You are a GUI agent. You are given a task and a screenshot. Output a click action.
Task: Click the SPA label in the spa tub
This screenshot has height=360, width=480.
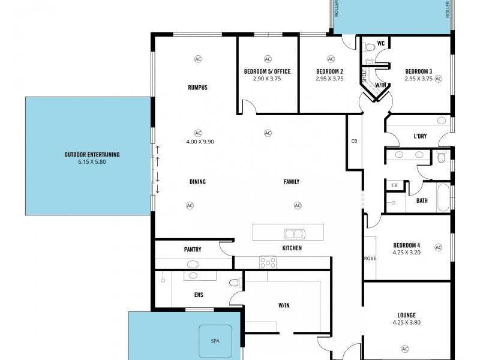tap(215, 340)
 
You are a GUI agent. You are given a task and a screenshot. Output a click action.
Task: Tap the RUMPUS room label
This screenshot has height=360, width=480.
tap(197, 88)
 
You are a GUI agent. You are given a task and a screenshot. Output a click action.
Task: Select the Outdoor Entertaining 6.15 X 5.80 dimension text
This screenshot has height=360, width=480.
tap(92, 162)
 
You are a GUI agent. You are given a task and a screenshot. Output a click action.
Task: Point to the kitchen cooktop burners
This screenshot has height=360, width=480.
tap(268, 262)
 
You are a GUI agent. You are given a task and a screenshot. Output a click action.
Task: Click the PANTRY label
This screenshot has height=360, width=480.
tap(193, 249)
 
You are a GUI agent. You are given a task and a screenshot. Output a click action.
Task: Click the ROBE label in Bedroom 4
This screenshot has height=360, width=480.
tap(369, 259)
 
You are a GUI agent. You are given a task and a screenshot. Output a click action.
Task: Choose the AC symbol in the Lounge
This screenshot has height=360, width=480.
tap(404, 349)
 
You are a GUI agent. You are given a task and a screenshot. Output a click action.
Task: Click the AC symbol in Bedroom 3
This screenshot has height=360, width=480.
tap(438, 79)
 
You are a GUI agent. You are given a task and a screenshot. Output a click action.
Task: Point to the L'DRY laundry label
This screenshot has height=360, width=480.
tap(420, 136)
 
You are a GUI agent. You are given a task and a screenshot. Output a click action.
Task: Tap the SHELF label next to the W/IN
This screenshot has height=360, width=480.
tap(364, 76)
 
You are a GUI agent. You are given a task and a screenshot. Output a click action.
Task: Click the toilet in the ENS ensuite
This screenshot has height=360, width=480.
tap(235, 281)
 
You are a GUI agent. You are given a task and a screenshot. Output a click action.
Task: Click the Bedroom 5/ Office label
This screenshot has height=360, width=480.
tap(267, 71)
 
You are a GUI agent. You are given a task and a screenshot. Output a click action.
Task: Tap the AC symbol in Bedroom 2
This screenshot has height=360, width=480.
tap(331, 59)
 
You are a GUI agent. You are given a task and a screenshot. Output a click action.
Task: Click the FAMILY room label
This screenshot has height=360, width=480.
tap(291, 182)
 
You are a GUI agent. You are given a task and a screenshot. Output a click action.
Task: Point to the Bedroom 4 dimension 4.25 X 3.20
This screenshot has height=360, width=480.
tap(406, 253)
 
